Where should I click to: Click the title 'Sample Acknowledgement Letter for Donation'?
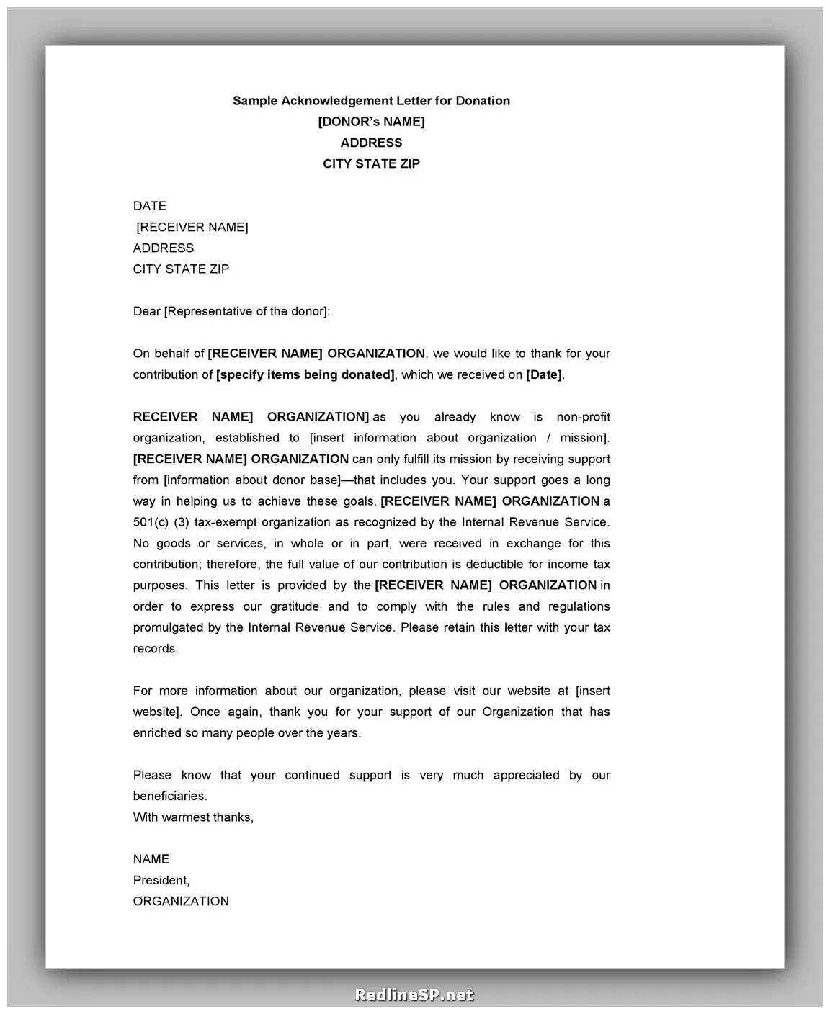point(371,101)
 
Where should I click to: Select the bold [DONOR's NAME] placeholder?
point(371,122)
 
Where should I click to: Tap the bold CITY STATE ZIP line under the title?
point(371,163)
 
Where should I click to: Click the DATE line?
point(150,206)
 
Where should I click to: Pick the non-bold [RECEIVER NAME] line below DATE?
point(192,227)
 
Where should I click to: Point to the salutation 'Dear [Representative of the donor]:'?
point(231,311)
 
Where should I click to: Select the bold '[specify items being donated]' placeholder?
point(305,374)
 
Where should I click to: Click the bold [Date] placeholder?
point(544,374)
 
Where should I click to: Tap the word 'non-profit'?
point(583,417)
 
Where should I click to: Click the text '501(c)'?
point(151,522)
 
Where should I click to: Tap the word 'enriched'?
point(157,732)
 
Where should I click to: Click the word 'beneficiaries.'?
point(170,796)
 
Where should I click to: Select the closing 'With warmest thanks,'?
point(193,817)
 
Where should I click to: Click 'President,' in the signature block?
point(161,880)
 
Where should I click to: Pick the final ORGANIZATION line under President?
point(181,901)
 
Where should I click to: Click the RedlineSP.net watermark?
point(414,995)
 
